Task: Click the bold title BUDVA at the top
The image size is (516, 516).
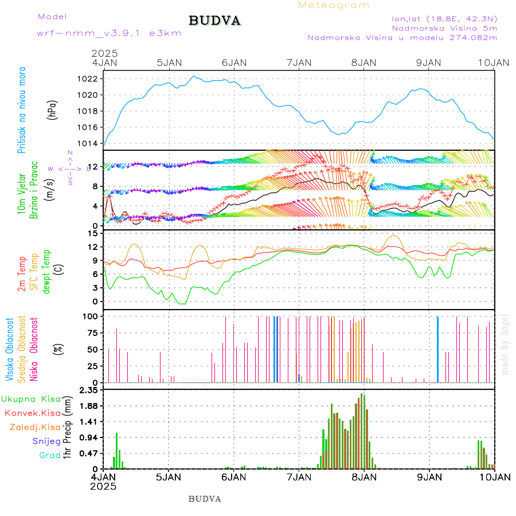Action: pos(214,21)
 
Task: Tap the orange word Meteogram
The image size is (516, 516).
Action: pos(334,5)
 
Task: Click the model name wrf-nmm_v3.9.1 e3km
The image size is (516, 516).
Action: pos(109,33)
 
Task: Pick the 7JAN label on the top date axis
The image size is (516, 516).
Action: pos(298,62)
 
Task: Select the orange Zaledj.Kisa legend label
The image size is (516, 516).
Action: pos(35,427)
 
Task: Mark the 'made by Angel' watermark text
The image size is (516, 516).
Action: pos(505,344)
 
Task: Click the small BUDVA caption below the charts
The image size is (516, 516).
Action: pos(205,499)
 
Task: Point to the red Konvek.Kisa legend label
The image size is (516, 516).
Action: pos(33,413)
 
